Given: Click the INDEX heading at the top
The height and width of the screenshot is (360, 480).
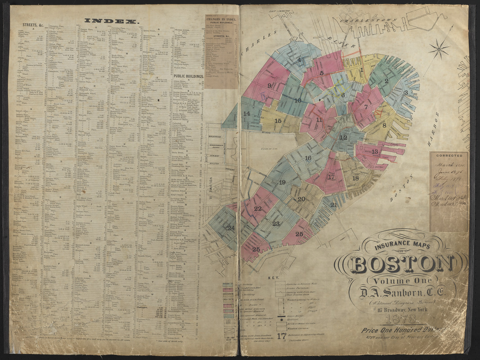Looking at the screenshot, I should coord(112,21).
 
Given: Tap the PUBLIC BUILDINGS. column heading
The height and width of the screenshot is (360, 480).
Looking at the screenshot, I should coord(188,76).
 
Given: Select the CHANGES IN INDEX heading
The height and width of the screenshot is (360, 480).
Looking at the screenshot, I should coord(221,19).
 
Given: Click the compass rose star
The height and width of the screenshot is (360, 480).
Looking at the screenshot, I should coord(439,49).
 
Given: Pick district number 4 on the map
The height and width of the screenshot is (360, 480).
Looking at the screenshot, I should coord(299,59).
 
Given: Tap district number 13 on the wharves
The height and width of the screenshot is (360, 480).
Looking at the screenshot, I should coord(375,152).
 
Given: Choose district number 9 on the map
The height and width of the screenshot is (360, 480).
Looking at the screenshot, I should coord(269,85).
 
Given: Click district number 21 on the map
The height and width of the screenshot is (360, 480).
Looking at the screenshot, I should coord(333,205).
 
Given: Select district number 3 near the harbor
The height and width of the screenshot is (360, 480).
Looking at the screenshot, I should coord(405,93).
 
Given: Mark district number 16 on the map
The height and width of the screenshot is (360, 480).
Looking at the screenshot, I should coord(308,158).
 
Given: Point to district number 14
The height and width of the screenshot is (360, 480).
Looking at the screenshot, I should coord(247,113).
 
